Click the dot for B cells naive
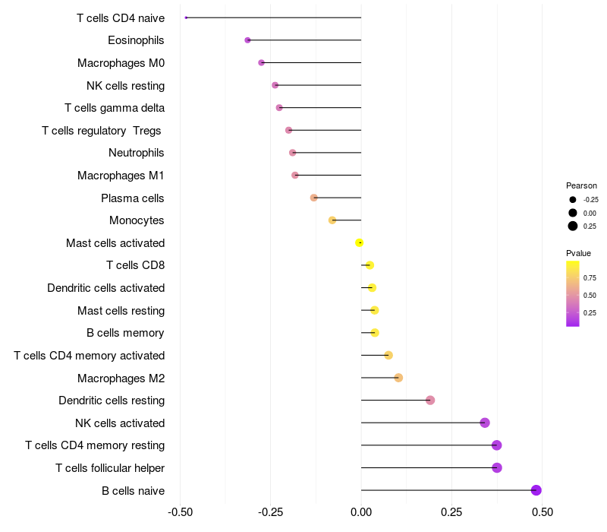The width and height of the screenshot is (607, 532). (x=536, y=490)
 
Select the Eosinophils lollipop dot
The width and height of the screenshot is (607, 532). (x=247, y=40)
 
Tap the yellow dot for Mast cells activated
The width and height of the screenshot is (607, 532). (x=360, y=242)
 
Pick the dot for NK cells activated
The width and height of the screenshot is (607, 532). (x=485, y=423)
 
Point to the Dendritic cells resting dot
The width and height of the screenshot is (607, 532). (x=430, y=401)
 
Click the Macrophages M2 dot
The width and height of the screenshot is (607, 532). (x=398, y=378)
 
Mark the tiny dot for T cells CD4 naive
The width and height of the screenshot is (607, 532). (x=186, y=17)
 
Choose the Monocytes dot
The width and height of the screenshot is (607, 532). (x=332, y=220)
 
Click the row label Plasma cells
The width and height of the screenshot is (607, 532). (x=132, y=198)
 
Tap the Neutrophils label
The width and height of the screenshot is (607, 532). (x=136, y=153)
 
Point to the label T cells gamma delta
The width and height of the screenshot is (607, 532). (x=115, y=108)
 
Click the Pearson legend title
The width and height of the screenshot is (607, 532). (x=581, y=185)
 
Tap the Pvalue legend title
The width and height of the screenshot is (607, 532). (x=578, y=253)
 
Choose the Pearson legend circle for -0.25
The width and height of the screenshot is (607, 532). (x=573, y=200)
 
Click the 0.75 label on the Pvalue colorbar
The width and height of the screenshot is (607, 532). (x=590, y=278)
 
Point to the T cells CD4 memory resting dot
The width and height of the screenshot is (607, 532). (x=497, y=445)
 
